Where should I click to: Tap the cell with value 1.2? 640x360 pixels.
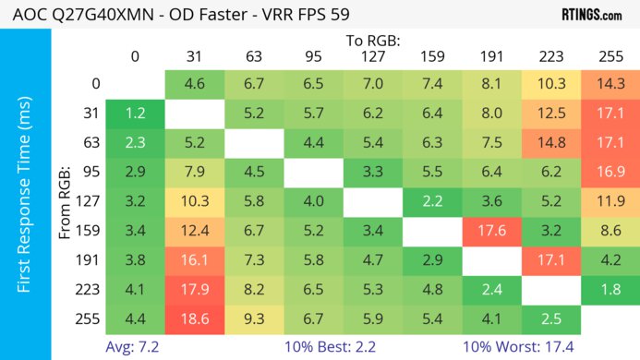point(135,114)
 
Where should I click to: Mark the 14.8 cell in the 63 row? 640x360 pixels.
point(550,142)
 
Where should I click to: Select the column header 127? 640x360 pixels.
point(372,56)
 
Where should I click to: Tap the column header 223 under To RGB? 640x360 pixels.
point(550,56)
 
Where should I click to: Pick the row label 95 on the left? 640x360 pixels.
point(91,171)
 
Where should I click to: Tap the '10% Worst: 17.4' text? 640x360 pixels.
point(520,347)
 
